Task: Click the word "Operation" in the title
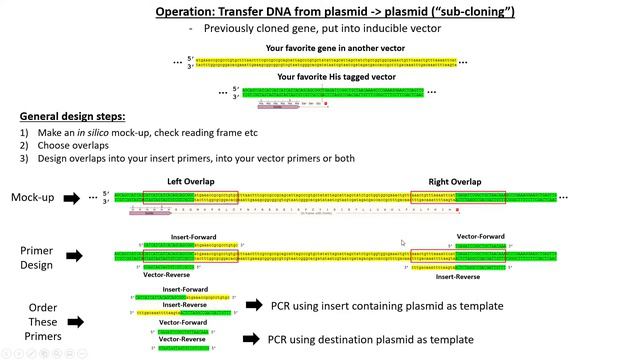(x=188, y=12)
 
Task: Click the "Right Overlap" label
(x=455, y=181)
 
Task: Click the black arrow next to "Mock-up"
(x=72, y=198)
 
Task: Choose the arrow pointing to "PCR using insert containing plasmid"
(x=253, y=305)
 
